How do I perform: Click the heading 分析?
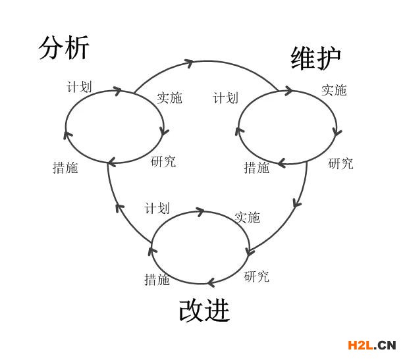pos(63,48)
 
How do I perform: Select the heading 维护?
pos(316,58)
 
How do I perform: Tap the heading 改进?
pos(204,311)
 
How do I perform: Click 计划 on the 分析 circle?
pos(79,87)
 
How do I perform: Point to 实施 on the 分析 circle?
pos(169,98)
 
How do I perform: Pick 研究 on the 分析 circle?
pos(163,161)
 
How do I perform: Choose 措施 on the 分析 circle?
pos(65,168)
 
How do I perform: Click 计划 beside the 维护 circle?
pos(225,98)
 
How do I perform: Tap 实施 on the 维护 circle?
pos(334,90)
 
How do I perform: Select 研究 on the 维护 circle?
pos(340,164)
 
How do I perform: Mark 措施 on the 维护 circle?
pos(257,168)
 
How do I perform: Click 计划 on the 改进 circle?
pos(157,209)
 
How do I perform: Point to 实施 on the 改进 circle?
pos(247,217)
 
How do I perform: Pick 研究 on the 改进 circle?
pos(256,276)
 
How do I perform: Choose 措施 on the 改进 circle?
pos(157,279)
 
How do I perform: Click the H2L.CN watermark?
pos(372,344)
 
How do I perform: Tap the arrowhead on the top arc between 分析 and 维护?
pos(190,64)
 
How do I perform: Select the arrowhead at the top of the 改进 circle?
pos(200,211)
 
